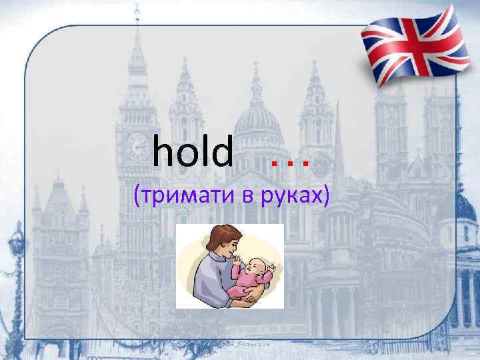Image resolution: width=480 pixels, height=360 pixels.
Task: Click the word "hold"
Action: click(x=193, y=151)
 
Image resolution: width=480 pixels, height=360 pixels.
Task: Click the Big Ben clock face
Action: click(x=139, y=145)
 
